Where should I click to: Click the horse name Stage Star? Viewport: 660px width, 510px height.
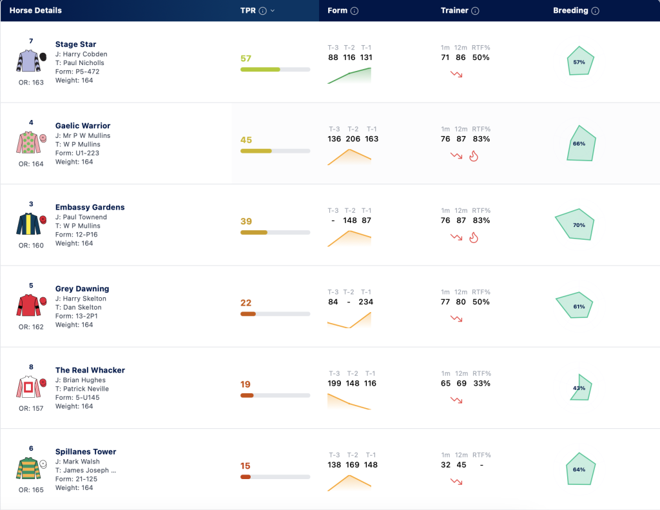coord(76,44)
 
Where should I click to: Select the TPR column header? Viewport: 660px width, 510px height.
coord(248,10)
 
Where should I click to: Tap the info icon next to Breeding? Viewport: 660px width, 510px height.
coord(595,11)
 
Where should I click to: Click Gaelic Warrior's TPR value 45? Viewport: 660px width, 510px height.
coord(246,140)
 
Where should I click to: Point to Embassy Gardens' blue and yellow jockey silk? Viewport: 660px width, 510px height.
coord(28,224)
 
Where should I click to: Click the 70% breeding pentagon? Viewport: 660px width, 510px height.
coord(575,224)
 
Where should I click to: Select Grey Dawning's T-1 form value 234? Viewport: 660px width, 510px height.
coord(366,302)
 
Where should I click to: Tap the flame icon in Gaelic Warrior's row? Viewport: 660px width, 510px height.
coord(474,156)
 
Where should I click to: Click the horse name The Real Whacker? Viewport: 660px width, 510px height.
coord(90,370)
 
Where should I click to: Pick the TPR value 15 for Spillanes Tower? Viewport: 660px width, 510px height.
coord(246,466)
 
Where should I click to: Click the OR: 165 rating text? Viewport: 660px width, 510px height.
coord(31,490)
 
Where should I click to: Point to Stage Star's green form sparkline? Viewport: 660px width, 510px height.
coord(349,75)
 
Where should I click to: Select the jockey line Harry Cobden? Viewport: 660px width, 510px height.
coord(81,54)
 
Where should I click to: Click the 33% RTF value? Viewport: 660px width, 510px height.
coord(481,383)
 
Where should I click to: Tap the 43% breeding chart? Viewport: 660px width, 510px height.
coord(581,387)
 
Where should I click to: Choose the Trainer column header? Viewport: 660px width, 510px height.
coord(454,10)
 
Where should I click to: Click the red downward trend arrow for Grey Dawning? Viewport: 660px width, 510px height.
coord(456,319)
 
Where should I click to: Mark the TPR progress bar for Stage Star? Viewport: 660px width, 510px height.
coord(275,70)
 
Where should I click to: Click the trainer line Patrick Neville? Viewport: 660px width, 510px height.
coord(82,389)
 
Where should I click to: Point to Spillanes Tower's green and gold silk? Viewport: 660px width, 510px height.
coord(28,468)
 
